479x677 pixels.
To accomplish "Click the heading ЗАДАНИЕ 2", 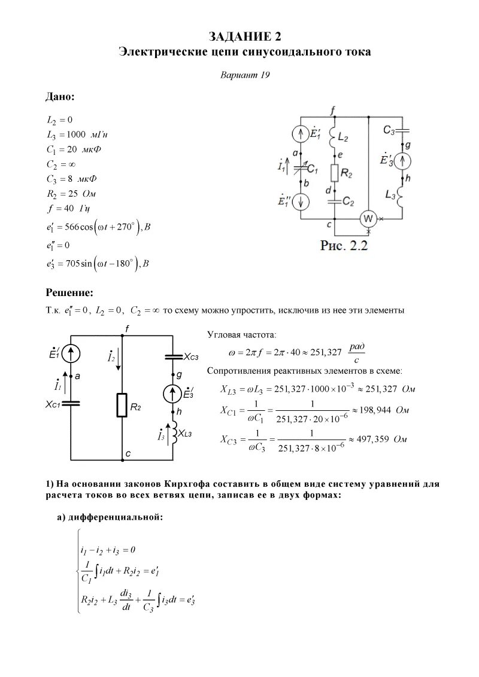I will pos(244,37).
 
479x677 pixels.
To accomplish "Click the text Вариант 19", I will pos(244,75).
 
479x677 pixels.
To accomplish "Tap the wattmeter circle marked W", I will pos(367,219).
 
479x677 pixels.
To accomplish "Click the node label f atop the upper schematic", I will pos(334,108).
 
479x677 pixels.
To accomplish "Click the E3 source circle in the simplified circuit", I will pos(173,394).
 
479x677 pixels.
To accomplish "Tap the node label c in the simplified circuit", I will pos(128,455).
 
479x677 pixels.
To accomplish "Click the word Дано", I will pos(60,96).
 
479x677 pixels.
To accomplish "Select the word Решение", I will pos(69,292).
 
